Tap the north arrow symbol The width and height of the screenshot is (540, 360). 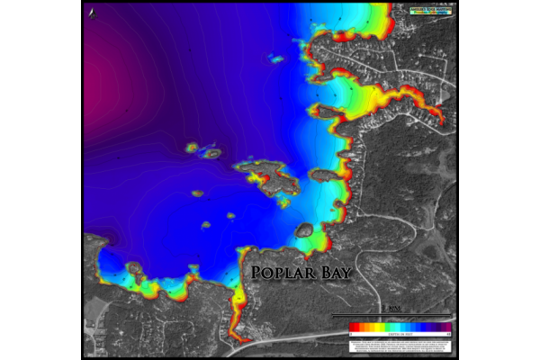(94, 12)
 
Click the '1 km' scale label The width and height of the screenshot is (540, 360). (392, 309)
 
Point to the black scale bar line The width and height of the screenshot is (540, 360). (392, 315)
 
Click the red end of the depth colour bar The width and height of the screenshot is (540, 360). (354, 327)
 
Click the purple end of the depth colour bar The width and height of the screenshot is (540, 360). (444, 327)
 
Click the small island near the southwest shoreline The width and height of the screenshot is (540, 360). (135, 268)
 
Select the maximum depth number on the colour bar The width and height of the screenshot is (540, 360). (448, 333)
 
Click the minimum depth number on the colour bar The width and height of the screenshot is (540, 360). (350, 333)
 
